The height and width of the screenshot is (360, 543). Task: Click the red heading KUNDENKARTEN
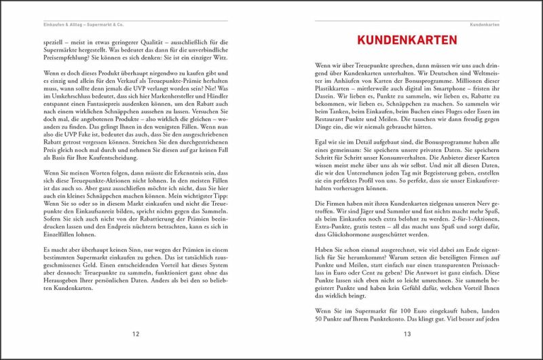coord(407,41)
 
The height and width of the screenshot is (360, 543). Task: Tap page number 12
coord(136,334)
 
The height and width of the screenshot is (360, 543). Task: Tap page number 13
coord(407,334)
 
